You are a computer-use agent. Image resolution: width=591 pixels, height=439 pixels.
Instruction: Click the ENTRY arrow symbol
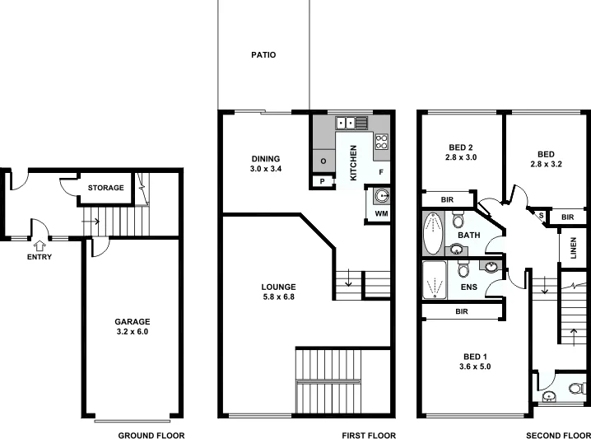(x=40, y=245)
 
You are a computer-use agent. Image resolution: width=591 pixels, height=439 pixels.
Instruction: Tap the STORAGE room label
(x=106, y=188)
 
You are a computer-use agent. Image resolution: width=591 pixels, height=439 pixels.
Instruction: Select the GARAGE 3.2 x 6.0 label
(x=132, y=326)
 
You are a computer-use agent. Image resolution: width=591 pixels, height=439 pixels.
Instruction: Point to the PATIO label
(x=263, y=55)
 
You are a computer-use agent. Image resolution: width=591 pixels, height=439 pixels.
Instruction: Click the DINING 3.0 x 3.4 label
(x=266, y=164)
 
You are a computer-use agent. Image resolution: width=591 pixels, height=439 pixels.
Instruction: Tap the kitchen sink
(x=350, y=124)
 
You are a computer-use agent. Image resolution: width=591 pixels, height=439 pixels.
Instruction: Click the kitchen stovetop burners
(x=382, y=142)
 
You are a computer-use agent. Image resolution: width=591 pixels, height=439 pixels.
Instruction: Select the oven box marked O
(x=323, y=161)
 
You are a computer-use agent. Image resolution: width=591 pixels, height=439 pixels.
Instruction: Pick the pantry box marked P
(x=322, y=182)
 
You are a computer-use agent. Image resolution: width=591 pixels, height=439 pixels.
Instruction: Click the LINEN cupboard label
(x=575, y=250)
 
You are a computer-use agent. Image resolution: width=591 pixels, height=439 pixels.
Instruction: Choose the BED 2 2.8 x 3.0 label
(x=461, y=152)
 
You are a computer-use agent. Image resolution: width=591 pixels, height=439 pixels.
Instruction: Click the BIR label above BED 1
(x=461, y=312)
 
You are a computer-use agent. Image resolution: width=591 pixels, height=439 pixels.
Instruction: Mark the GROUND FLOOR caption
(x=151, y=435)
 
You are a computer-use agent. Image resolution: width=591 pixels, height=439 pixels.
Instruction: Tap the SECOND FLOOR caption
(x=558, y=435)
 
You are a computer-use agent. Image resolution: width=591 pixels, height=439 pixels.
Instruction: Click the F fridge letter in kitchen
(x=380, y=172)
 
